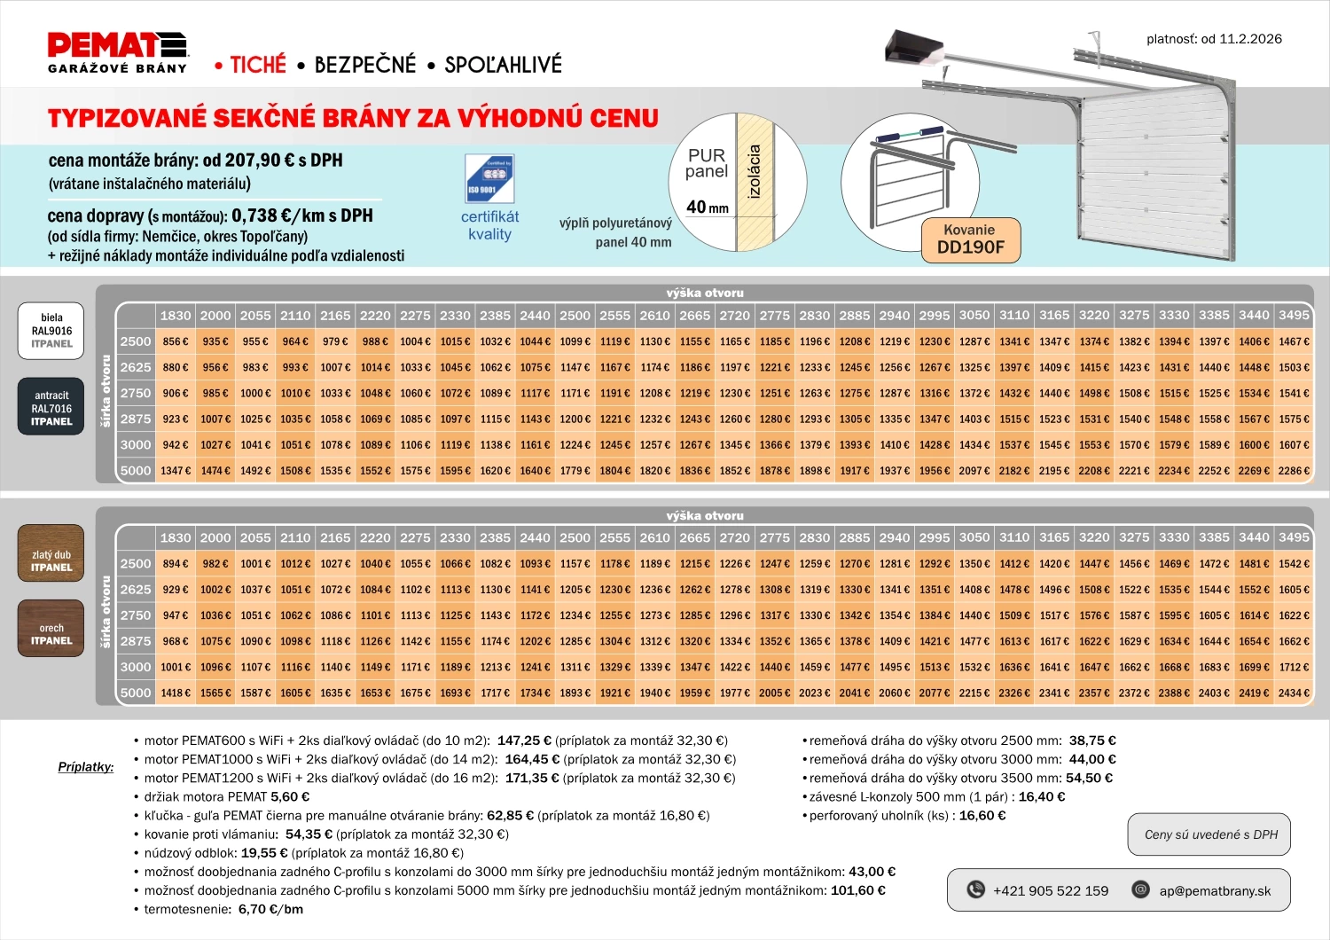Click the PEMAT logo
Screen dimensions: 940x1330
coord(117,52)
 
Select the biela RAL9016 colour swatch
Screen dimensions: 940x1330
coord(51,331)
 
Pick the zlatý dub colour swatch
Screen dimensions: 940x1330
coord(51,554)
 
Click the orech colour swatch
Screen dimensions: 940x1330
coord(51,628)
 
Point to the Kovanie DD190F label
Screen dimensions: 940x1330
coord(970,239)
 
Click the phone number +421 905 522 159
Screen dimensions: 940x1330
coord(1050,890)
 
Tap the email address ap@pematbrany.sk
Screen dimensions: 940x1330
coord(1214,890)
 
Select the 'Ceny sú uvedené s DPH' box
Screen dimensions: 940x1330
coord(1210,834)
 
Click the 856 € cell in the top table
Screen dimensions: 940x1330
coord(176,341)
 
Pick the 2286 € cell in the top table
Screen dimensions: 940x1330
coord(1294,471)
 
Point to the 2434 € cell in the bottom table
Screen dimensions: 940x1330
coord(1294,693)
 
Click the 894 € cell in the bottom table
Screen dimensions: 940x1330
coord(176,564)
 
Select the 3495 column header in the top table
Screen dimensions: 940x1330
coord(1294,315)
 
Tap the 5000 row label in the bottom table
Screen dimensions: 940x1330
coord(136,693)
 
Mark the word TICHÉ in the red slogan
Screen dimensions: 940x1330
coord(258,65)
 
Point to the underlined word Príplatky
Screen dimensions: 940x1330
coord(86,766)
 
